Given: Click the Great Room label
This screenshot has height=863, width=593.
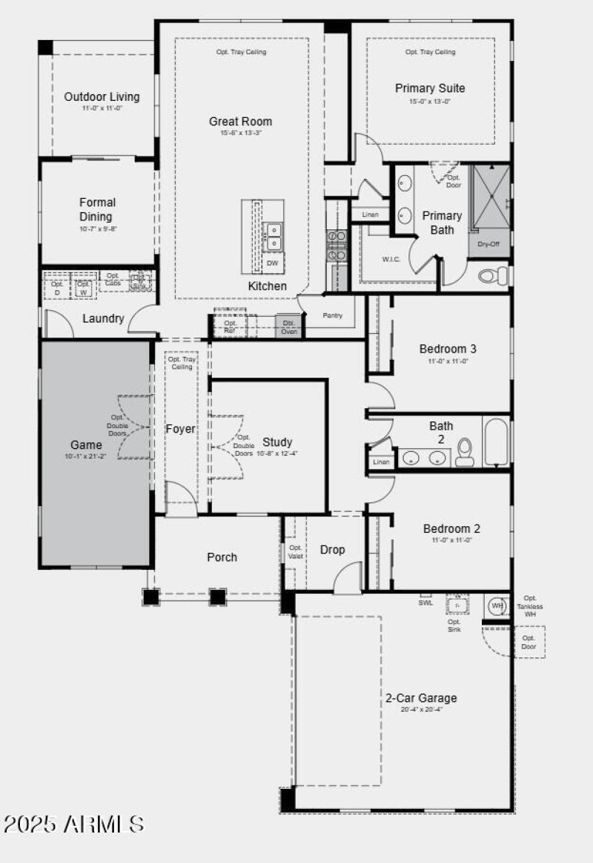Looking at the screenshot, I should [x=240, y=122].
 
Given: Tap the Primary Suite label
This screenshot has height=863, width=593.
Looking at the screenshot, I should [x=430, y=88].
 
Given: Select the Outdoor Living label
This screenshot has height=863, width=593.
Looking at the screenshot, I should [x=102, y=96].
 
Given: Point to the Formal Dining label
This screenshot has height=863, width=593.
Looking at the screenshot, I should [x=98, y=209].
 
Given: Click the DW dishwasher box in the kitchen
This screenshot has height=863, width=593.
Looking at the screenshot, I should [x=273, y=263].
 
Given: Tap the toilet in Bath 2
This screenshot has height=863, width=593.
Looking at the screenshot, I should [x=465, y=452].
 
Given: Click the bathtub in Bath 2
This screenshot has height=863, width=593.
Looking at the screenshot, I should [x=496, y=443].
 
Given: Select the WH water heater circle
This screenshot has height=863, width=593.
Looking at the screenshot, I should [x=497, y=606].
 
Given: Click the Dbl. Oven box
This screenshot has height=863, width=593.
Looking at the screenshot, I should [x=289, y=327].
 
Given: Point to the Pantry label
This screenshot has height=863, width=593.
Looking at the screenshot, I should [x=333, y=315].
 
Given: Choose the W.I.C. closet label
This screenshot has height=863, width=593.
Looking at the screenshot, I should [x=391, y=260].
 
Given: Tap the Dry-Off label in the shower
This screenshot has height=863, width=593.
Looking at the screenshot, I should [x=488, y=243].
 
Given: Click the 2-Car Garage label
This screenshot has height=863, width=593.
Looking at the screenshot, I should [x=421, y=698].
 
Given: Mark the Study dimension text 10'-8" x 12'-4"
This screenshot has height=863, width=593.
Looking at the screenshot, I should [x=278, y=453].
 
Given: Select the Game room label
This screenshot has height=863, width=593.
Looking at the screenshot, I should [x=86, y=445].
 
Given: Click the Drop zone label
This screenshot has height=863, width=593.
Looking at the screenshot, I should [x=332, y=550].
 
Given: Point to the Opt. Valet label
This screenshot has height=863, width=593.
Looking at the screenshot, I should [x=295, y=552].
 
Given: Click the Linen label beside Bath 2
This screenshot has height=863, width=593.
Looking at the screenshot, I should [x=381, y=462].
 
